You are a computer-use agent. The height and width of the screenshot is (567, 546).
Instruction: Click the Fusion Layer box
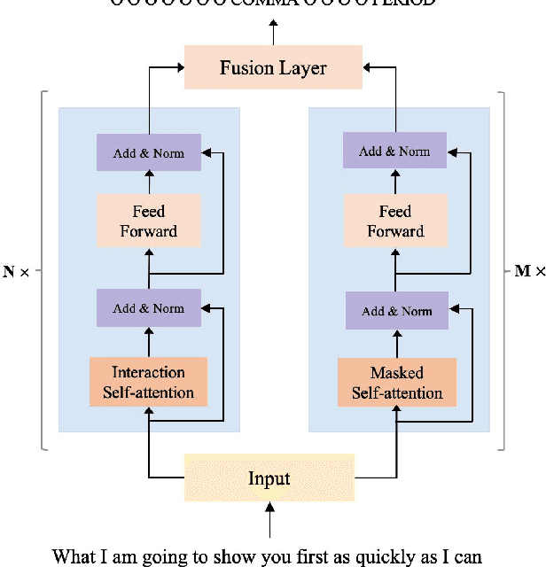pyautogui.click(x=273, y=67)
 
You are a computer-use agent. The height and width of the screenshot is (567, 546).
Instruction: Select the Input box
pyautogui.click(x=269, y=478)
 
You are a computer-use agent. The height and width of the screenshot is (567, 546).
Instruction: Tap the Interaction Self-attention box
pyautogui.click(x=148, y=382)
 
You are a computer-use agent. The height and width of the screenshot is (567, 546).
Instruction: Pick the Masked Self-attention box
pyautogui.click(x=397, y=383)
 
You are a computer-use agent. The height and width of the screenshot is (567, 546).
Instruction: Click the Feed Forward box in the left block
pyautogui.click(x=149, y=221)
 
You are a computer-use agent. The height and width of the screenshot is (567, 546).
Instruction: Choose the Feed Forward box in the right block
pyautogui.click(x=396, y=221)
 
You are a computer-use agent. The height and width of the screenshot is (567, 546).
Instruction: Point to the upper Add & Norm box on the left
pyautogui.click(x=149, y=153)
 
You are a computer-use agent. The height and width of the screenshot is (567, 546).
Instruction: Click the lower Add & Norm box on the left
pyautogui.click(x=149, y=308)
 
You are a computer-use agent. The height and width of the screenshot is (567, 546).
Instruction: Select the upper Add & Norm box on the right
pyautogui.click(x=396, y=151)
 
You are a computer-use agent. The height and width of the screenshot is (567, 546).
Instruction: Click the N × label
pyautogui.click(x=16, y=272)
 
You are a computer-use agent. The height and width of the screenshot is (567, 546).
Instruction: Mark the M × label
pyautogui.click(x=529, y=271)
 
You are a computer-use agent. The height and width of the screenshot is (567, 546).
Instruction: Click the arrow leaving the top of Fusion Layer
pyautogui.click(x=273, y=34)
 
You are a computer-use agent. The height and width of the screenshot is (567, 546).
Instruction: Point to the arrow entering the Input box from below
pyautogui.click(x=269, y=523)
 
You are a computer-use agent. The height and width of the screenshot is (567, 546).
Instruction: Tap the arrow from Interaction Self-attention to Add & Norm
pyautogui.click(x=148, y=342)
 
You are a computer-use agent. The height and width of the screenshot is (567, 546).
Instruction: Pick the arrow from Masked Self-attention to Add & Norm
pyautogui.click(x=397, y=344)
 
